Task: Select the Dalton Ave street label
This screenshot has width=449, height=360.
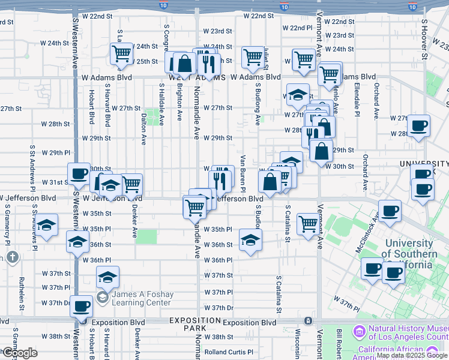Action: (x=143, y=129)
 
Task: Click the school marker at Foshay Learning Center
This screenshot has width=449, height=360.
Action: (x=108, y=277)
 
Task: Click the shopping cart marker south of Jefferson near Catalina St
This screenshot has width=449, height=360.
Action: (x=309, y=224)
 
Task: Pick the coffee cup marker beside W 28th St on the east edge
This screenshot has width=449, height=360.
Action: (x=420, y=125)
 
